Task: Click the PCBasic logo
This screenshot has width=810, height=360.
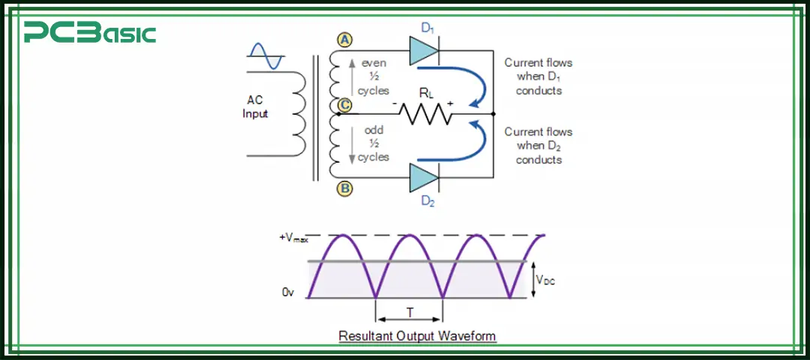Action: tap(89, 33)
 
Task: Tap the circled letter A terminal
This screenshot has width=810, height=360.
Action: tap(344, 40)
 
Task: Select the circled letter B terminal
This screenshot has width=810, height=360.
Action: tap(344, 188)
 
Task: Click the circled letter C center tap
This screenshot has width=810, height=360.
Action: tap(344, 105)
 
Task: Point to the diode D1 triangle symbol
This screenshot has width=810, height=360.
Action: tap(424, 51)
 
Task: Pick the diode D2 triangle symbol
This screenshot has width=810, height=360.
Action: tap(424, 178)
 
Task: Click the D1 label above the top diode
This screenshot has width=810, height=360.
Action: tap(427, 28)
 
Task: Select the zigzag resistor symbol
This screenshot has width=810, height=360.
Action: tap(425, 114)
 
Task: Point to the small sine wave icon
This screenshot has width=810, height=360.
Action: tap(265, 56)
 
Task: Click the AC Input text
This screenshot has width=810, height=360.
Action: tap(257, 106)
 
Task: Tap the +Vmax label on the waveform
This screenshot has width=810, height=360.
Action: tap(293, 237)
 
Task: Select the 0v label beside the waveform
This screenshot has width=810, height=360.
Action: tap(288, 292)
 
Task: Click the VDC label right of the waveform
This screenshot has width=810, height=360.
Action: tap(545, 280)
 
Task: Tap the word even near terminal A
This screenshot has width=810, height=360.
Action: tap(373, 63)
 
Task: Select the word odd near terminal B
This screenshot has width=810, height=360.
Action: tap(373, 130)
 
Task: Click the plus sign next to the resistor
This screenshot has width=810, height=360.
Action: tap(451, 103)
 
